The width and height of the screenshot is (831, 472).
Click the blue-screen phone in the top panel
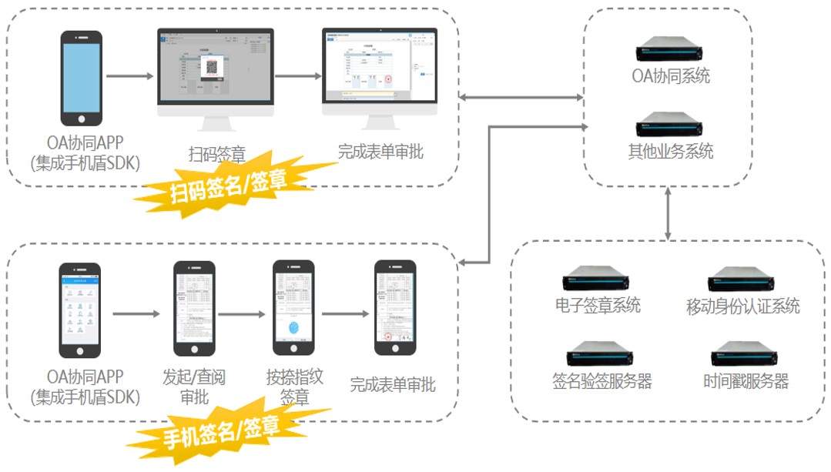point(81,78)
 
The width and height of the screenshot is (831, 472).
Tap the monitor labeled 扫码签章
point(216,73)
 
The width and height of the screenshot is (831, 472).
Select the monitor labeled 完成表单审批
point(379,73)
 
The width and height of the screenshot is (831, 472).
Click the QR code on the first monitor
point(211,68)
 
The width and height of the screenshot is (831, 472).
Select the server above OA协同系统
point(670,52)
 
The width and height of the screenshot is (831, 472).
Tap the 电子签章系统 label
point(598,305)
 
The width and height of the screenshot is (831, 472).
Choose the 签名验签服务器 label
point(602,380)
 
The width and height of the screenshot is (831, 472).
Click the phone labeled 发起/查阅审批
point(194,308)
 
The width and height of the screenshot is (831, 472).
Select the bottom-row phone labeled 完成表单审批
point(395,308)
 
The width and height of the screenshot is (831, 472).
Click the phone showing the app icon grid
point(80,310)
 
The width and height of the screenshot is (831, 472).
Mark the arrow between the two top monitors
point(298,76)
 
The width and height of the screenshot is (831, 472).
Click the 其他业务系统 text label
point(670,151)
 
